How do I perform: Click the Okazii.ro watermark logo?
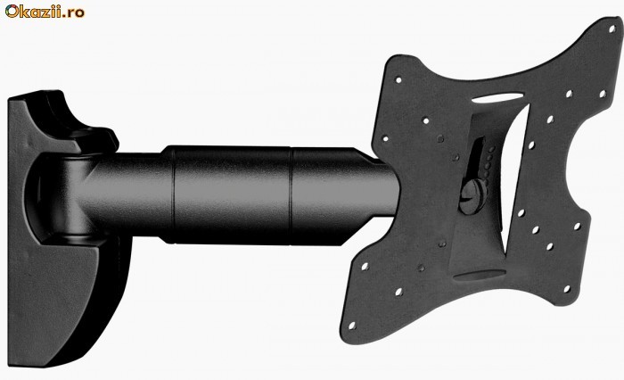pos(45,12)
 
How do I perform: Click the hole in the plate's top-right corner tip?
pos(612,29)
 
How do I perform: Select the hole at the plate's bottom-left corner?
pos(352,326)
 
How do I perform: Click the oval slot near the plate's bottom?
pos(480,275)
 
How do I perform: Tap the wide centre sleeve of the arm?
pos(232,194)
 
